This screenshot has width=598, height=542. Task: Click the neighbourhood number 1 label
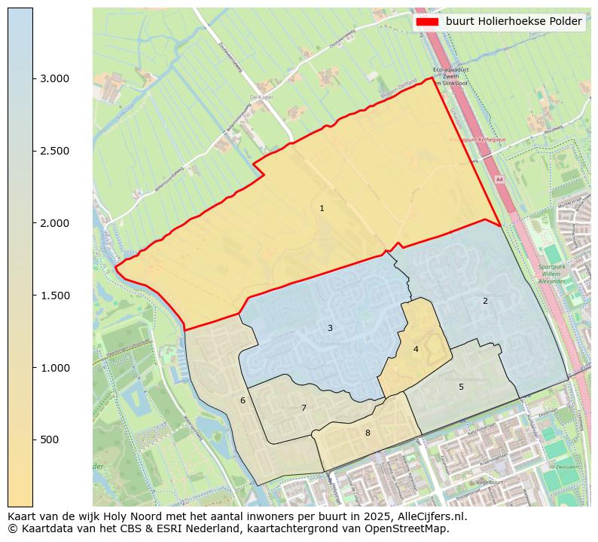(x=322, y=208)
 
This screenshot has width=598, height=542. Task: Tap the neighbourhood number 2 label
(x=485, y=301)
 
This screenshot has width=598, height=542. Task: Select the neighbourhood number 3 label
(x=330, y=328)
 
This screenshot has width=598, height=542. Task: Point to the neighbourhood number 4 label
(x=416, y=349)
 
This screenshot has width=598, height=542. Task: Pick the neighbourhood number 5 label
(x=461, y=387)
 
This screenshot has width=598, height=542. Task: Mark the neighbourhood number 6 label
(x=243, y=400)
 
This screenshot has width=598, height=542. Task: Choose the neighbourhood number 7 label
(x=304, y=408)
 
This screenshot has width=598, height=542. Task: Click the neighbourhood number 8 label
(x=368, y=433)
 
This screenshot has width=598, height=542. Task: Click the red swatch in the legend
(x=426, y=22)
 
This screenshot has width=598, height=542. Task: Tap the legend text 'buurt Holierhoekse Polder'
(x=514, y=22)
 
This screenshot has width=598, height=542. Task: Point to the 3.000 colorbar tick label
(x=54, y=78)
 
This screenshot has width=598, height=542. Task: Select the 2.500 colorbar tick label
(x=54, y=151)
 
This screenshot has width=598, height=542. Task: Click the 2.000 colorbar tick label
(x=54, y=223)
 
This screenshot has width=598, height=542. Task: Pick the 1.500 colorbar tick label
(x=54, y=295)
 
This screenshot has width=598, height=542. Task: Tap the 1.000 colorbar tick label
(x=54, y=368)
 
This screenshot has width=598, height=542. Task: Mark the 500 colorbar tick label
(x=50, y=439)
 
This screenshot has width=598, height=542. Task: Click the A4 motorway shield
(x=499, y=179)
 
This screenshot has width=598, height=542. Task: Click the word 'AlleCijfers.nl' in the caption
(x=432, y=516)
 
